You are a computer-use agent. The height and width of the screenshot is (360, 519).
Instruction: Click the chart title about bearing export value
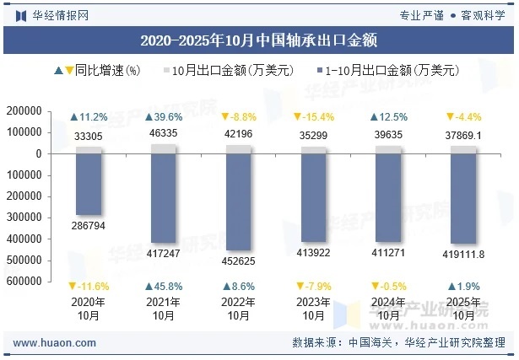point(258,40)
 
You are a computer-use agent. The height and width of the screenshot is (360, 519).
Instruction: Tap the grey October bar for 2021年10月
point(164,148)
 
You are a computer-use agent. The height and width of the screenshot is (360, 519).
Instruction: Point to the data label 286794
point(89,227)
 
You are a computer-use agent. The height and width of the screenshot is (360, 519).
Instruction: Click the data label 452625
point(238,261)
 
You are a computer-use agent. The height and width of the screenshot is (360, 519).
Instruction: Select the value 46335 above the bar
point(164,133)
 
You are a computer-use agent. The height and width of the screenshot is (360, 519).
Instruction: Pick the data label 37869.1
point(462,135)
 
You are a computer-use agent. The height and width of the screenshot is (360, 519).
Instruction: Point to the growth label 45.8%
point(164,286)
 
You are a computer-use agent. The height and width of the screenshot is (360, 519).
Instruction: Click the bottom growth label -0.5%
point(387,286)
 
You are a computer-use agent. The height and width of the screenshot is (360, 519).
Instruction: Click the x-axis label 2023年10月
point(313,309)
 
